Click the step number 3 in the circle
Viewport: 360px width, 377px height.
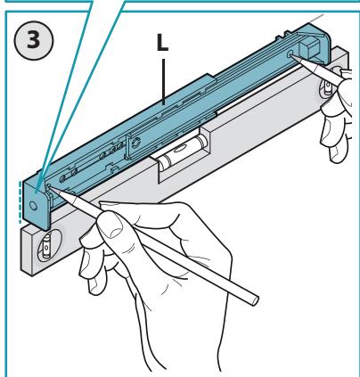(33, 40)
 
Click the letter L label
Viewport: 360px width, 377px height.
(162, 44)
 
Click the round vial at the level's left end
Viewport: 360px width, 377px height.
(46, 245)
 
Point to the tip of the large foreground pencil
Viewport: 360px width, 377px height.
(51, 187)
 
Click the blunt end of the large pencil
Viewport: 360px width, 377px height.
(253, 300)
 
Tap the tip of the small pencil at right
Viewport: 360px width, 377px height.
(291, 54)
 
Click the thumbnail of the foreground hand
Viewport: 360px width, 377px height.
(112, 224)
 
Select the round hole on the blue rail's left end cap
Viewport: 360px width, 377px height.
(33, 205)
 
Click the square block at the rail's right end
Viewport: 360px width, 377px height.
(308, 48)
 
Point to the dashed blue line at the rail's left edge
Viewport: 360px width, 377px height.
(20, 202)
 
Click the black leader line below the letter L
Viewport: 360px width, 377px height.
(163, 81)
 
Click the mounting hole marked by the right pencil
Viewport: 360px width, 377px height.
(290, 54)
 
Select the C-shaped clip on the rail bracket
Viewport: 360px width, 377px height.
(136, 143)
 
